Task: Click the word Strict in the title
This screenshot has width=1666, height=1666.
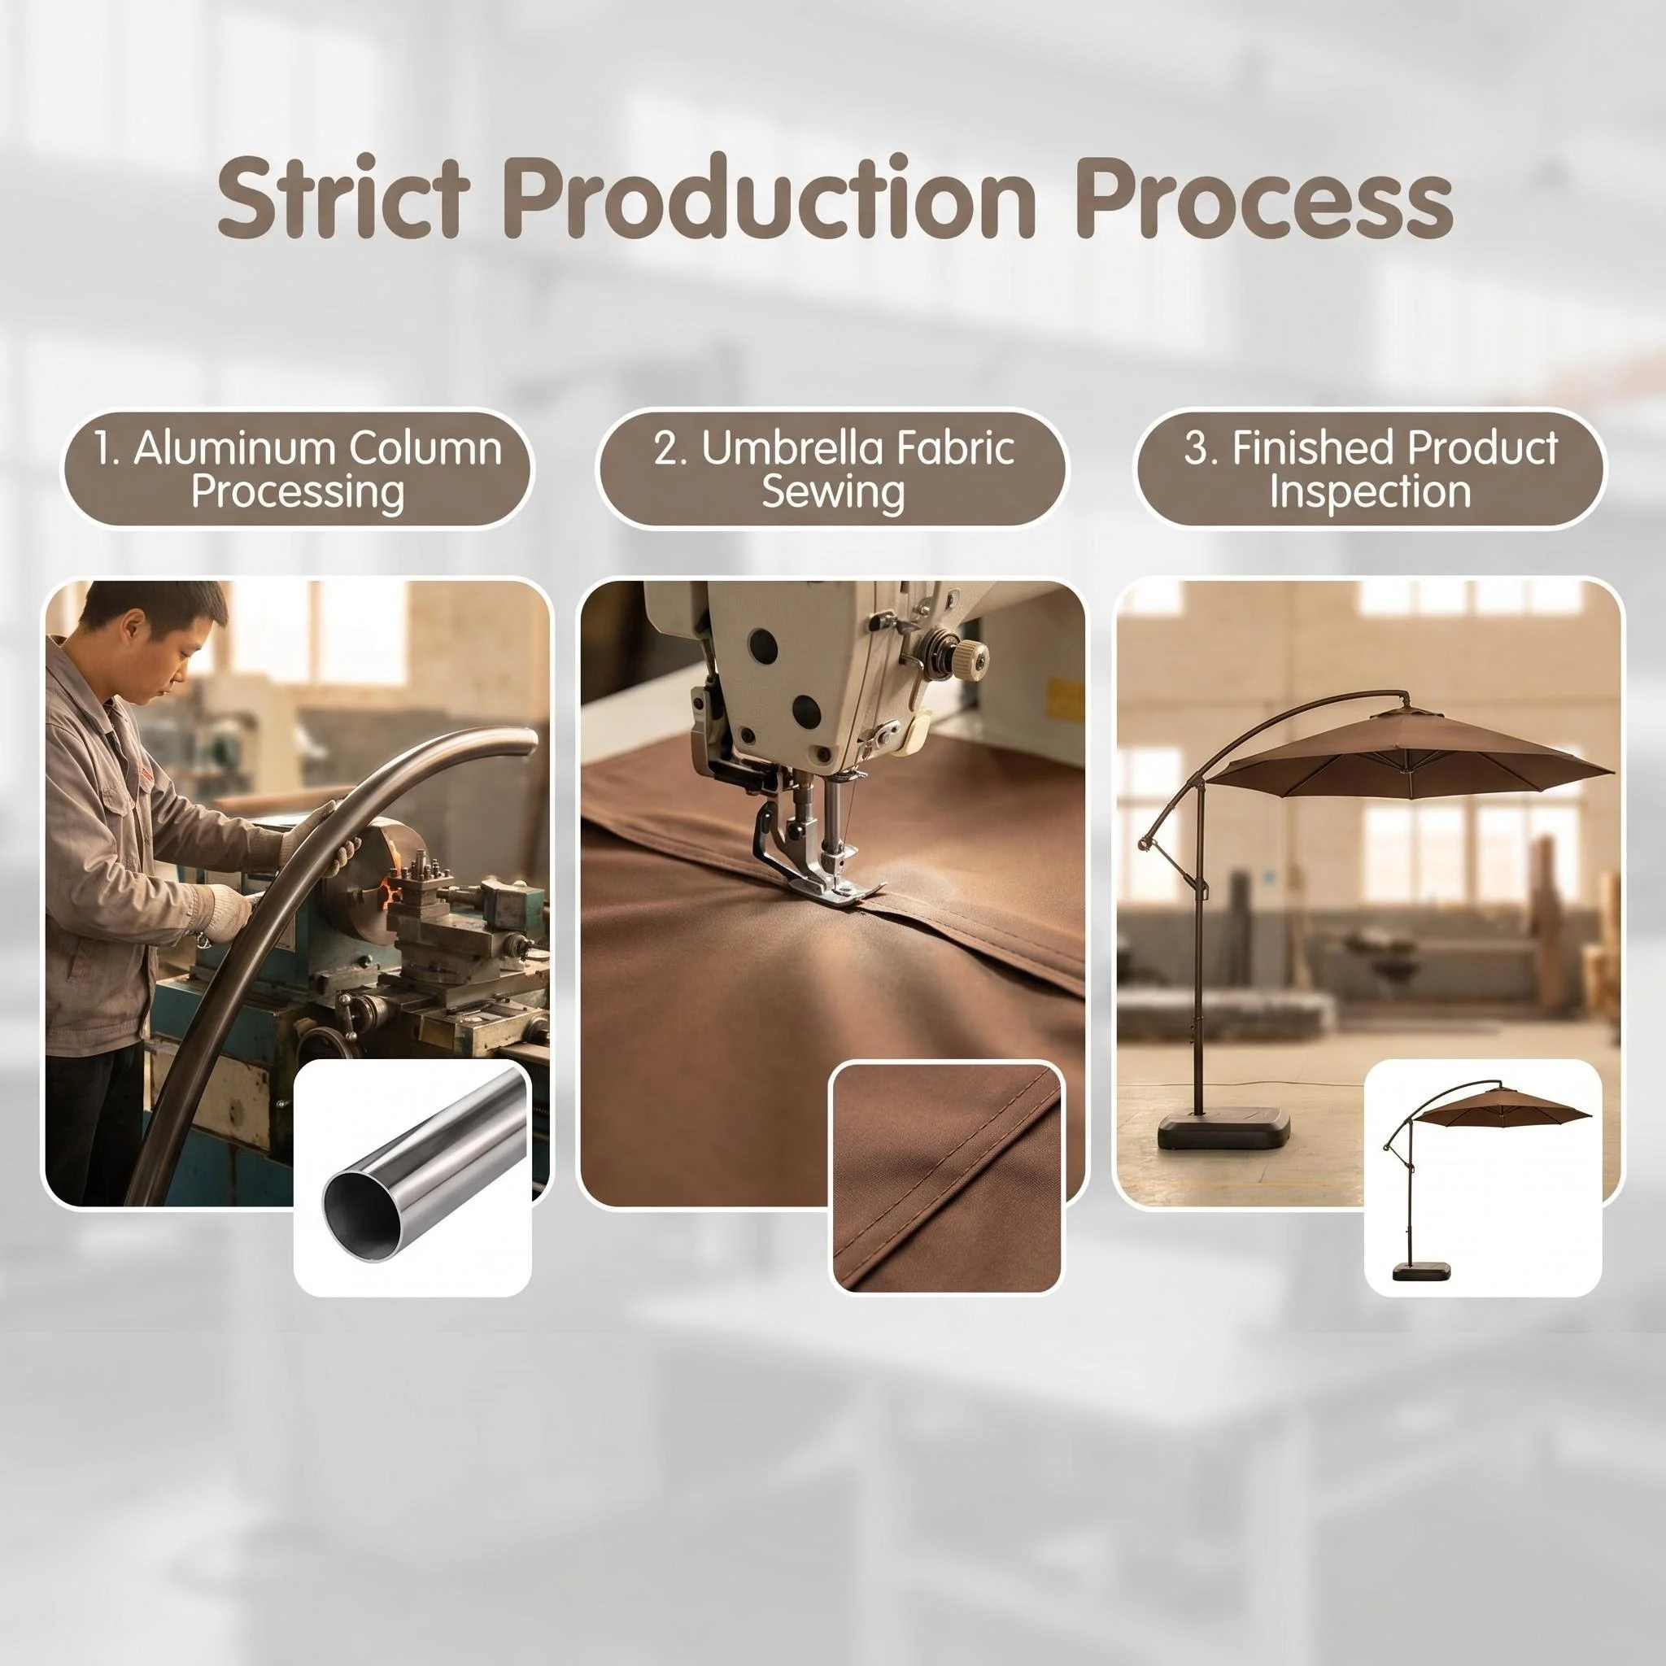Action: tap(343, 198)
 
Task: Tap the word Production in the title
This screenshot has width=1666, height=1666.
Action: tap(770, 198)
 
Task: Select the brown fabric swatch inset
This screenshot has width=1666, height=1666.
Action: tap(946, 1177)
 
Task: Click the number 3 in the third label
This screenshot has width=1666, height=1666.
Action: tap(1195, 448)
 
